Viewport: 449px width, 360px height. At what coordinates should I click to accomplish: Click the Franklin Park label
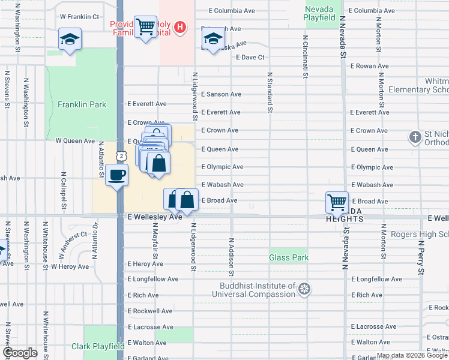pyautogui.click(x=82, y=104)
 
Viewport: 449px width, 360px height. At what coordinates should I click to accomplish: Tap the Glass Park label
pyautogui.click(x=289, y=258)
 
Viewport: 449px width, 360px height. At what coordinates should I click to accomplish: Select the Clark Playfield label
pyautogui.click(x=98, y=346)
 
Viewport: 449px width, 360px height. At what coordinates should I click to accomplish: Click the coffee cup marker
pyautogui.click(x=116, y=175)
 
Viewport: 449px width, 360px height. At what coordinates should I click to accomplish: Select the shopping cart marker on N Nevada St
pyautogui.click(x=337, y=202)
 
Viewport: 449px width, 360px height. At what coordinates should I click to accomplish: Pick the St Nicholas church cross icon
pyautogui.click(x=414, y=137)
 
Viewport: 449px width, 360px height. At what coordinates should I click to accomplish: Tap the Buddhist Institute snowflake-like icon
pyautogui.click(x=305, y=290)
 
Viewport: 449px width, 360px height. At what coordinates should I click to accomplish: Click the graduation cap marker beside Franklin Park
pyautogui.click(x=70, y=40)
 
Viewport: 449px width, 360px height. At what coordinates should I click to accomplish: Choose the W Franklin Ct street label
pyautogui.click(x=79, y=17)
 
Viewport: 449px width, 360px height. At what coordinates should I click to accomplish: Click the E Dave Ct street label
pyautogui.click(x=251, y=58)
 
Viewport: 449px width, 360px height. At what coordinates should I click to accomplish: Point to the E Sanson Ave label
pyautogui.click(x=221, y=94)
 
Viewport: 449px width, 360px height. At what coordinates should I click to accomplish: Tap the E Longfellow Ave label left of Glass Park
pyautogui.click(x=153, y=279)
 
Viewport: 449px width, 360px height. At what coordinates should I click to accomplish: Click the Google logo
pyautogui.click(x=20, y=353)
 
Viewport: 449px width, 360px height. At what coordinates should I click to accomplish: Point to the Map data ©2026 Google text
pyautogui.click(x=411, y=355)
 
